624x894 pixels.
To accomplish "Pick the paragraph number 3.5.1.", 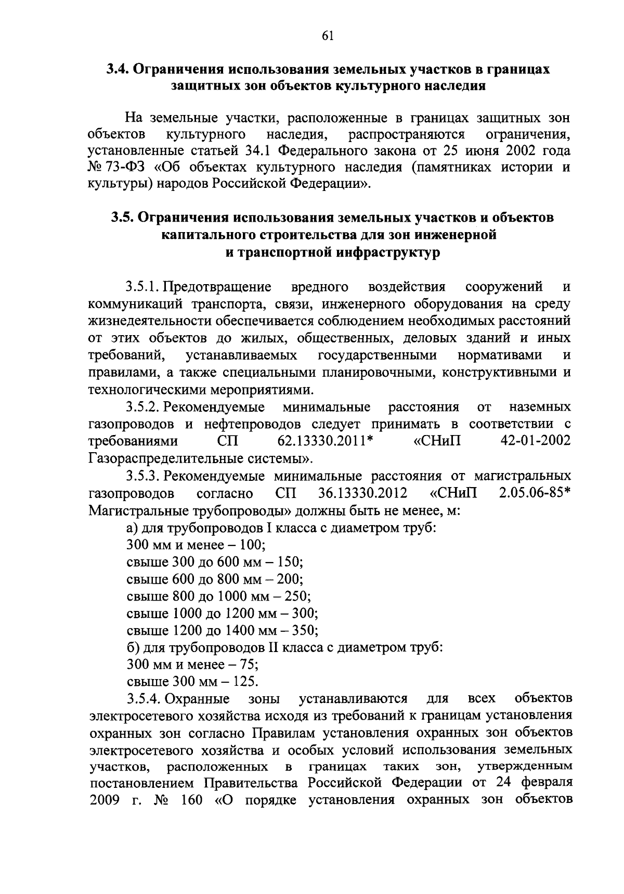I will tap(142, 287).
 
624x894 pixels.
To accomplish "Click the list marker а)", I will tap(132, 528).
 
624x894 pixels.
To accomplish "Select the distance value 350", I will tap(306, 631).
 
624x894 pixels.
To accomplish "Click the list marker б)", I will tap(132, 648).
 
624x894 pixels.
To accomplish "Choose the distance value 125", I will tap(246, 682).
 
